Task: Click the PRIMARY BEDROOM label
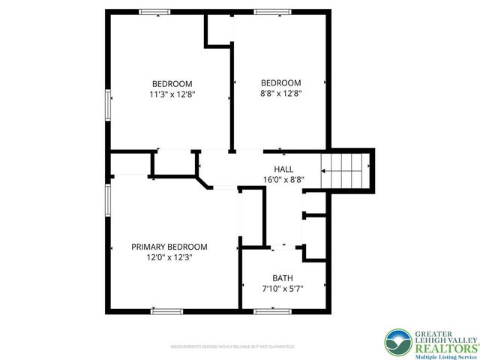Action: pyautogui.click(x=169, y=247)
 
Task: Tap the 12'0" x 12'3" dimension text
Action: pyautogui.click(x=169, y=257)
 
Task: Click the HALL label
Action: pyautogui.click(x=283, y=169)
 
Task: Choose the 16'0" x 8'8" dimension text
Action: pyautogui.click(x=283, y=180)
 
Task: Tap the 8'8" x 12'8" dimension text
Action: pyautogui.click(x=280, y=94)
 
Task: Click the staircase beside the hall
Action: pyautogui.click(x=346, y=171)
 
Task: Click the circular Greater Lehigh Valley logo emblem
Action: pyautogui.click(x=398, y=342)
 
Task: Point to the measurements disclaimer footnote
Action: pyautogui.click(x=233, y=347)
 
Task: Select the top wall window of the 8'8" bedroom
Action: pyautogui.click(x=267, y=12)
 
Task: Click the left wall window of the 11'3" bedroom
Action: pyautogui.click(x=108, y=104)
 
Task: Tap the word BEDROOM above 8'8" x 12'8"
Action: pyautogui.click(x=280, y=83)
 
